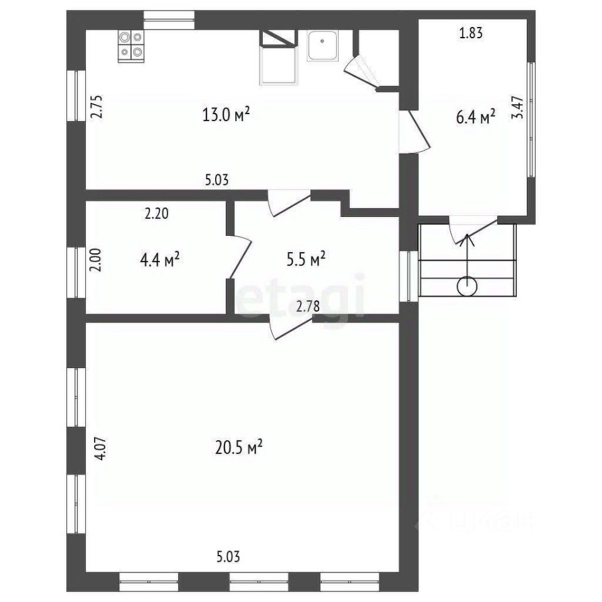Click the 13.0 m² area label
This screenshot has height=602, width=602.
click(226, 114)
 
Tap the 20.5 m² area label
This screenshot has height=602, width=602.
click(239, 447)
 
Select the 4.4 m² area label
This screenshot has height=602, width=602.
click(160, 260)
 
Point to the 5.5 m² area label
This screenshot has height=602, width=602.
click(306, 259)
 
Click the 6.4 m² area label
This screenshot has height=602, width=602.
click(475, 117)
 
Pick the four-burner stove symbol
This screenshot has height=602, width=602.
click(131, 46)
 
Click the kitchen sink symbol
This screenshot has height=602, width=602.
click(322, 46)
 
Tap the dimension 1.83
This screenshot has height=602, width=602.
click(471, 33)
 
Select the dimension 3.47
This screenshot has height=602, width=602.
click(517, 107)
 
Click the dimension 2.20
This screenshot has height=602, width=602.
click(157, 213)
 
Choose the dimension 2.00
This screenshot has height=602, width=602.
click(95, 260)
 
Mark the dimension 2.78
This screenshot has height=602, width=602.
click(308, 307)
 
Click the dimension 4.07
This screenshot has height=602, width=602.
click(100, 448)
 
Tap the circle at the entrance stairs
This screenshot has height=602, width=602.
click(467, 287)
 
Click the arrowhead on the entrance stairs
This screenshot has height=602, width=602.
click(467, 240)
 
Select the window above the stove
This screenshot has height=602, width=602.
click(169, 20)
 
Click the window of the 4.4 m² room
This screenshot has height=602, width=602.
click(77, 273)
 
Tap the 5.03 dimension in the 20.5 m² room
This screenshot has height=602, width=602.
click(228, 557)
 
